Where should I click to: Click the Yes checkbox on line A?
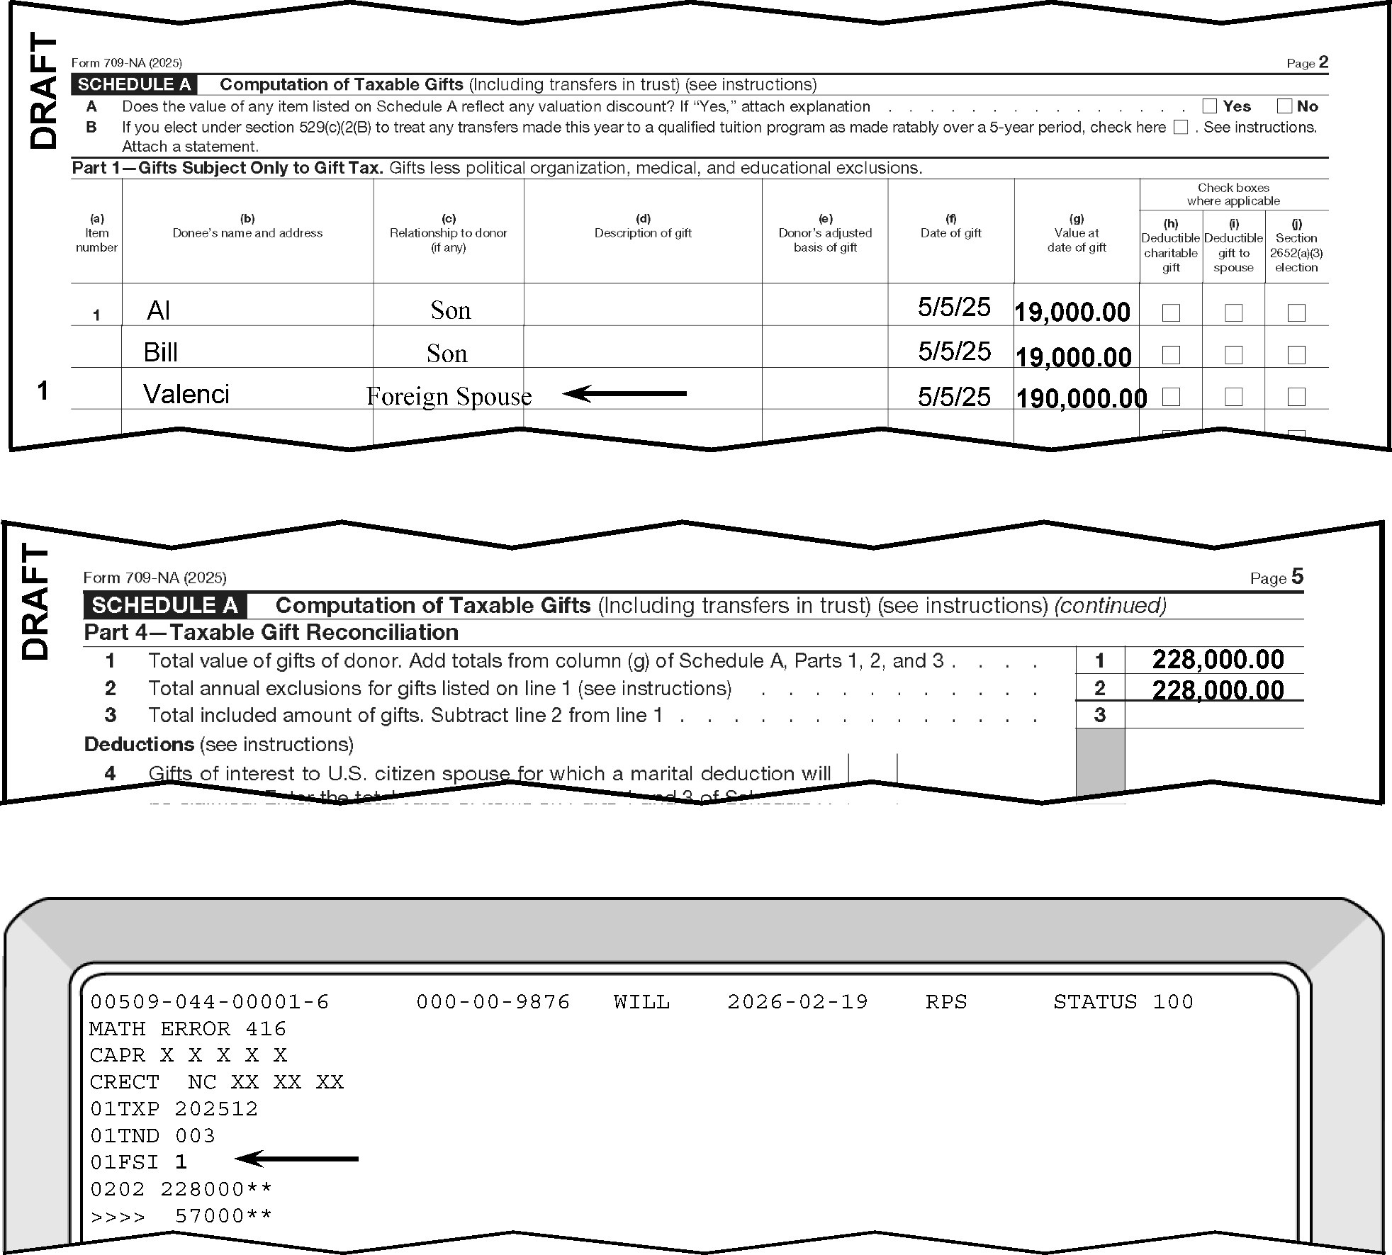(x=1210, y=106)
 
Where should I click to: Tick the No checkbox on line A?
(x=1284, y=106)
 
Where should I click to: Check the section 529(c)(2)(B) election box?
(x=1180, y=128)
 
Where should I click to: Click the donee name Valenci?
(x=186, y=394)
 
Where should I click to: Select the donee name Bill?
(x=160, y=352)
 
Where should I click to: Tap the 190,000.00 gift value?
(x=1082, y=398)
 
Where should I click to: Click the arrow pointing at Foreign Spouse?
(x=624, y=393)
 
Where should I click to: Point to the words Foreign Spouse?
(x=449, y=396)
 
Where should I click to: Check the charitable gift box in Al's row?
(x=1171, y=313)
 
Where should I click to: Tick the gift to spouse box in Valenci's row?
(x=1233, y=396)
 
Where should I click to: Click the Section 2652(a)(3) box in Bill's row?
(x=1296, y=354)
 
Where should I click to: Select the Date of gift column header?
(x=950, y=232)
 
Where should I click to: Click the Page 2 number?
(x=1323, y=62)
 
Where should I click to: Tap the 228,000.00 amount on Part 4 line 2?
(x=1218, y=690)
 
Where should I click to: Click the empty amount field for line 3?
(x=1213, y=715)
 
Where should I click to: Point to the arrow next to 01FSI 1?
(x=296, y=1159)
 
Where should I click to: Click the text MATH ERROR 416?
(x=188, y=1028)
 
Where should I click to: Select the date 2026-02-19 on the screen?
(x=797, y=1001)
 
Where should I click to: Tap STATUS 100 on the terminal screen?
(x=1123, y=1001)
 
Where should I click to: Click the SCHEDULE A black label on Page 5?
(x=165, y=605)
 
